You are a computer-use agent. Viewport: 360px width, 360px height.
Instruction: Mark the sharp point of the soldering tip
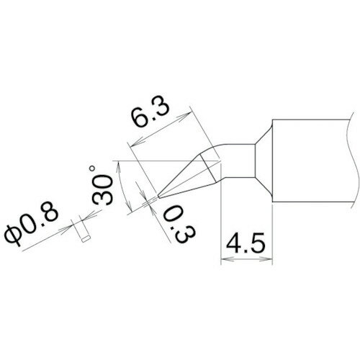[x=158, y=194]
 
